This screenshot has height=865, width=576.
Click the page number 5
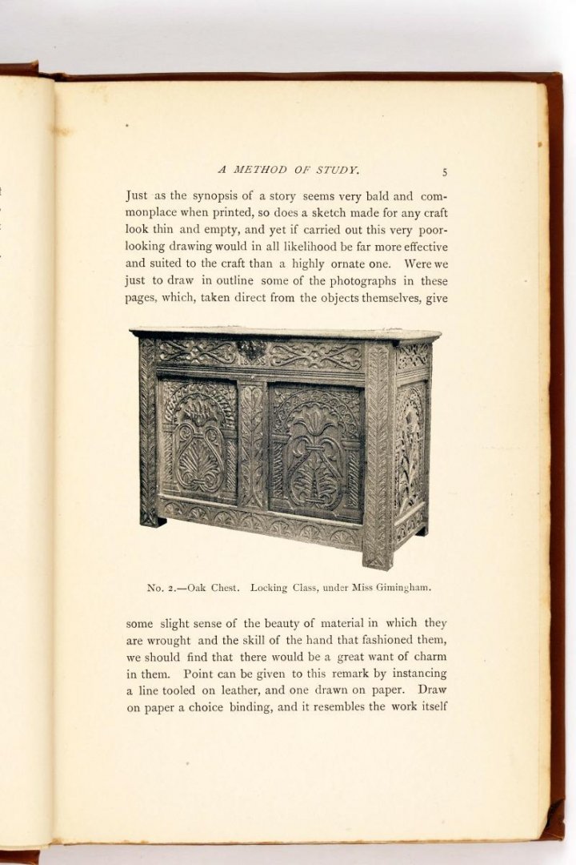(x=444, y=171)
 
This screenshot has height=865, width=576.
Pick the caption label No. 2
(x=163, y=587)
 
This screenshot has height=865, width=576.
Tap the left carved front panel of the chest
(x=198, y=441)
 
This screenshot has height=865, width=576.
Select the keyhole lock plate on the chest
(x=251, y=349)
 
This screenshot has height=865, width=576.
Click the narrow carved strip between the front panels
(x=252, y=445)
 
